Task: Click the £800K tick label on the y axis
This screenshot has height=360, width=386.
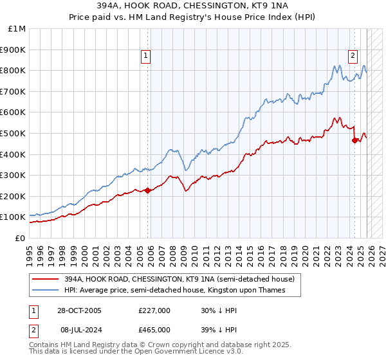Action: click(x=13, y=70)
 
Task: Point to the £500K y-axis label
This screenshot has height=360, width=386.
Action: click(x=13, y=133)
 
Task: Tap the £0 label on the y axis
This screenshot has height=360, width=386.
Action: click(x=19, y=238)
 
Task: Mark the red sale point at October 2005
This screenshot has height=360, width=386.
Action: click(x=148, y=190)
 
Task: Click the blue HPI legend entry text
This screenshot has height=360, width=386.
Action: click(x=174, y=290)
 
